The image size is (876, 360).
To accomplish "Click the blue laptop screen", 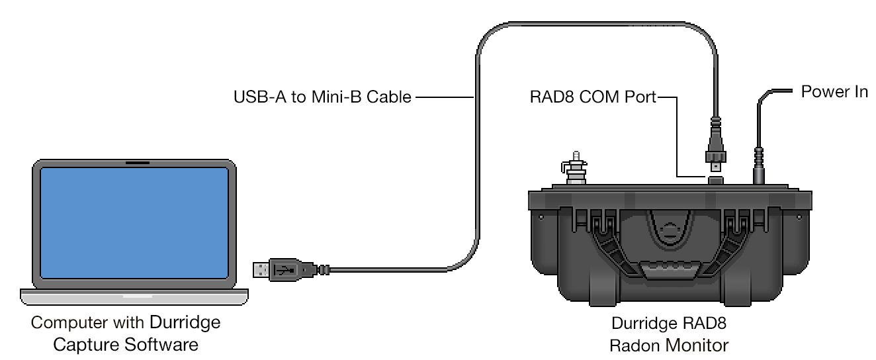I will tap(134, 225).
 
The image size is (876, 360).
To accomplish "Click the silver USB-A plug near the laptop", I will tap(262, 269).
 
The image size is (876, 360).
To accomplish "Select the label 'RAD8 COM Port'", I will tap(593, 98).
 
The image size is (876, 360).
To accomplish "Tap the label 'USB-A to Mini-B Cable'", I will tap(322, 98).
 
